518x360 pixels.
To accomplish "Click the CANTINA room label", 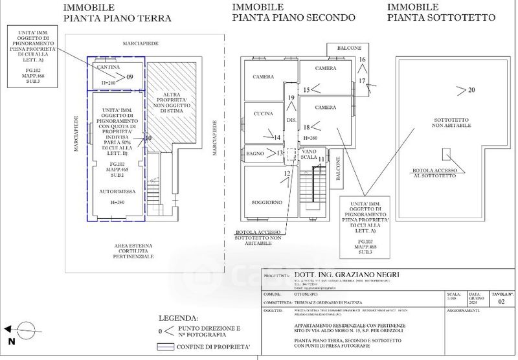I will [x=106, y=67].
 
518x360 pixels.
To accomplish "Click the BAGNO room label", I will [x=256, y=153].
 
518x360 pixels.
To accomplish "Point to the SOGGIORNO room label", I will [x=267, y=203].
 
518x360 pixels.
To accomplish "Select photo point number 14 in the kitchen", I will [x=276, y=137].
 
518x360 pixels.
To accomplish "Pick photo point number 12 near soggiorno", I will [x=287, y=173].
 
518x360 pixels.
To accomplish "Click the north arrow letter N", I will [x=11, y=341].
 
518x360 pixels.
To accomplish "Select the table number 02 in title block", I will [x=500, y=301].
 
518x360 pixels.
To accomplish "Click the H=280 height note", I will [x=311, y=139].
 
